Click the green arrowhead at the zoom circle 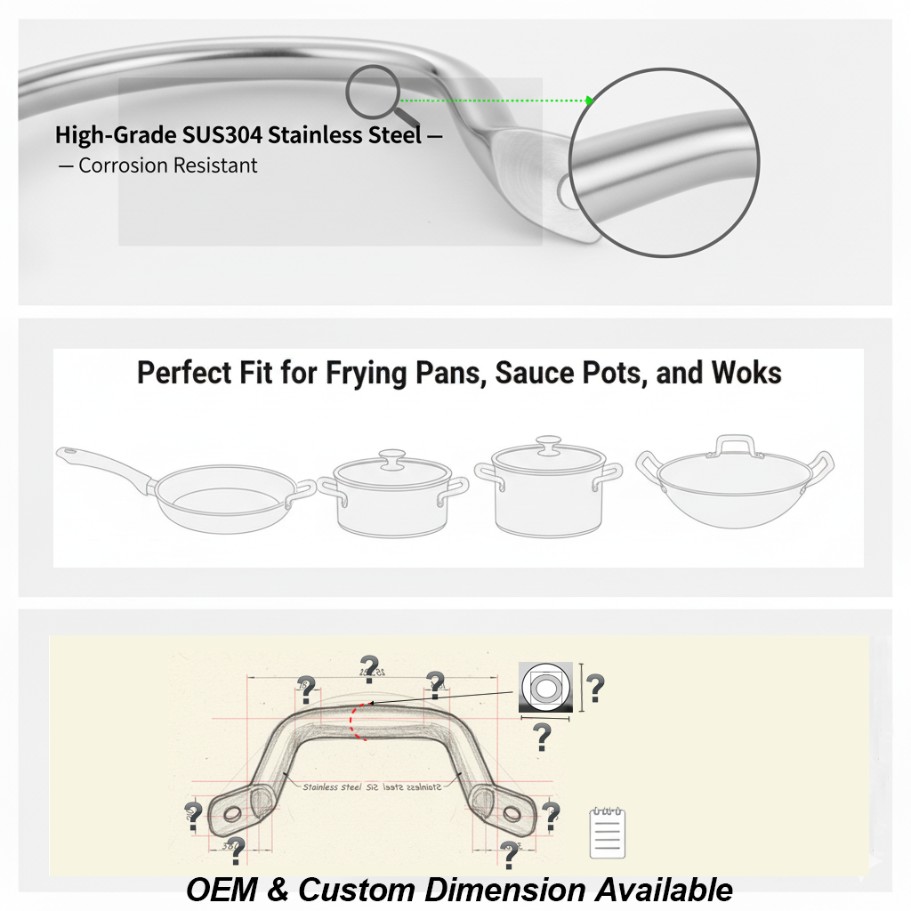[x=589, y=101]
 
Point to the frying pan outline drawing [x=214, y=498]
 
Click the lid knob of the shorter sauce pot [x=391, y=459]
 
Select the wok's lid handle [x=735, y=444]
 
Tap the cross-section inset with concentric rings [x=545, y=687]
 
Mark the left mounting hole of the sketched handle [x=232, y=813]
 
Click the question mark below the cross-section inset [x=541, y=737]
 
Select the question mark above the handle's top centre [x=369, y=666]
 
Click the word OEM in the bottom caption [x=221, y=890]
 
